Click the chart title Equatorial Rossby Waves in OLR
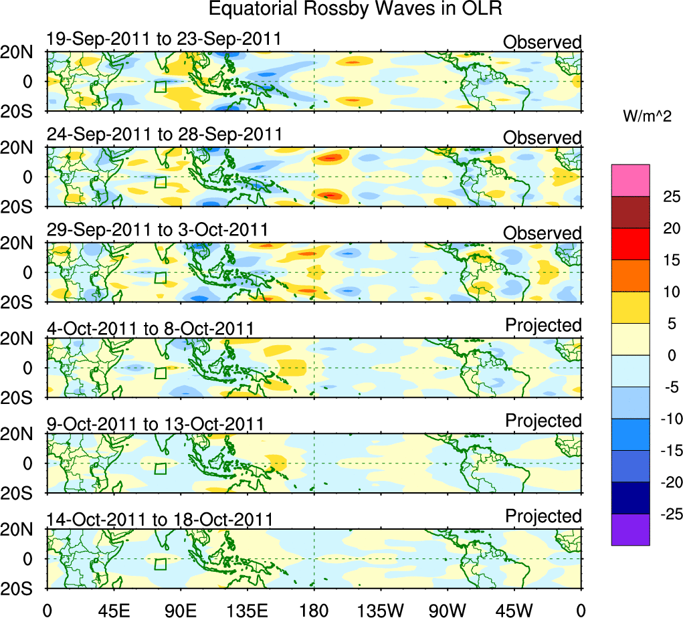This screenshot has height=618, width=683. (355, 9)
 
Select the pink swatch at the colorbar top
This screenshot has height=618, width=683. (630, 181)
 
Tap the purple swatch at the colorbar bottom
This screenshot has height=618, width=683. (630, 529)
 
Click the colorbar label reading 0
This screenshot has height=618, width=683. (670, 355)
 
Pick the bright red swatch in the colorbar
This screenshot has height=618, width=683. (630, 244)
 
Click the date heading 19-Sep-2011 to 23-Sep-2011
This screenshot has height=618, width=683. (164, 39)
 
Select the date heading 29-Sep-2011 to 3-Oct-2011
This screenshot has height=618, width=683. (157, 230)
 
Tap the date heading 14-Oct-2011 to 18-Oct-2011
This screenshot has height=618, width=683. (160, 519)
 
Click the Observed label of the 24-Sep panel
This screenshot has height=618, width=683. (543, 138)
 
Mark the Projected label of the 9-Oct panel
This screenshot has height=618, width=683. (543, 421)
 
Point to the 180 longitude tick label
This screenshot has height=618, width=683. (314, 609)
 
